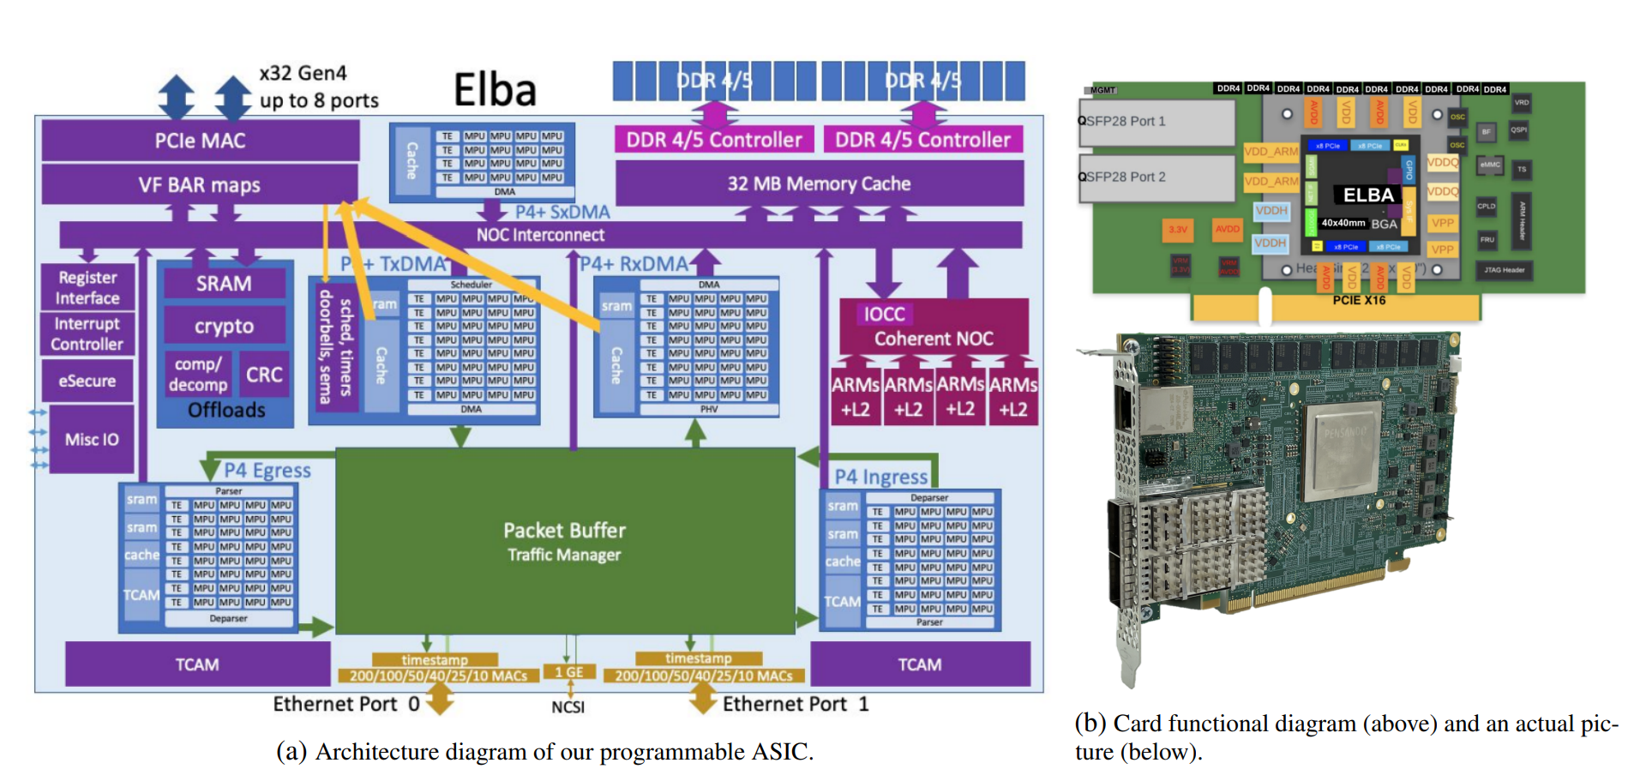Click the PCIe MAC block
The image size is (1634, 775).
[x=200, y=141]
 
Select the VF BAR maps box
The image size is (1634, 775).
[x=200, y=185]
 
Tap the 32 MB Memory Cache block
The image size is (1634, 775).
[x=819, y=183]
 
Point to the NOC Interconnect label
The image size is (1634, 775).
[x=540, y=235]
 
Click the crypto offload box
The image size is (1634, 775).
[x=224, y=326]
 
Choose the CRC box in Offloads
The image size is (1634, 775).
[x=264, y=375]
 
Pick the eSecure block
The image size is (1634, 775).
[x=87, y=381]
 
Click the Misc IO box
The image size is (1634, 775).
[x=92, y=439]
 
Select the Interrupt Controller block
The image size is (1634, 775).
[x=87, y=334]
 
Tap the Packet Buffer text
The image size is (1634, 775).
[x=564, y=530]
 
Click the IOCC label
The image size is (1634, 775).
[x=885, y=314]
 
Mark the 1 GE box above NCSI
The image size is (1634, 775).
[x=568, y=672]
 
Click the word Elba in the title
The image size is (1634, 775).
[x=495, y=90]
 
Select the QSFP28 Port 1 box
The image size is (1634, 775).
[x=1156, y=122]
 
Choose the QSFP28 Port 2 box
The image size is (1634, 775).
[x=1156, y=177]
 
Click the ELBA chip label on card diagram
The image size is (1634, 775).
[x=1368, y=195]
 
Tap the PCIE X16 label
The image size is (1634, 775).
[x=1359, y=300]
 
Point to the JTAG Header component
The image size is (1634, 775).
[x=1505, y=270]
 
